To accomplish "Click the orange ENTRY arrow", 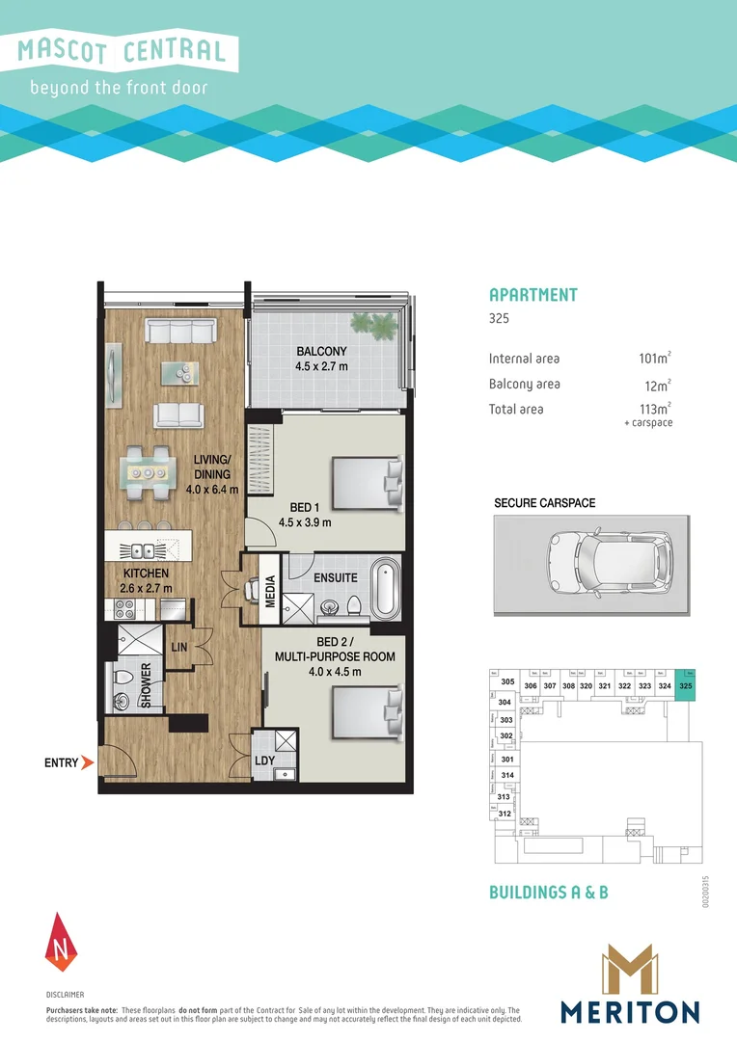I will coord(87,763).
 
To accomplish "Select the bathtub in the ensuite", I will coord(385,589).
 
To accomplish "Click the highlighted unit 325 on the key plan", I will coord(685,685).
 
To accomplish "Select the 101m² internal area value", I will coord(654,359).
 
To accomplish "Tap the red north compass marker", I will coord(60,940).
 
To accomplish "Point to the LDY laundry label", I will coord(264,761).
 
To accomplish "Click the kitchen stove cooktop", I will coord(125,608).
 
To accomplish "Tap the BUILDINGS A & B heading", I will coord(548,893).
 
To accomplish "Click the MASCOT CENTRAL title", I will coord(122,51).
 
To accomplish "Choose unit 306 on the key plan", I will coord(530,685).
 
